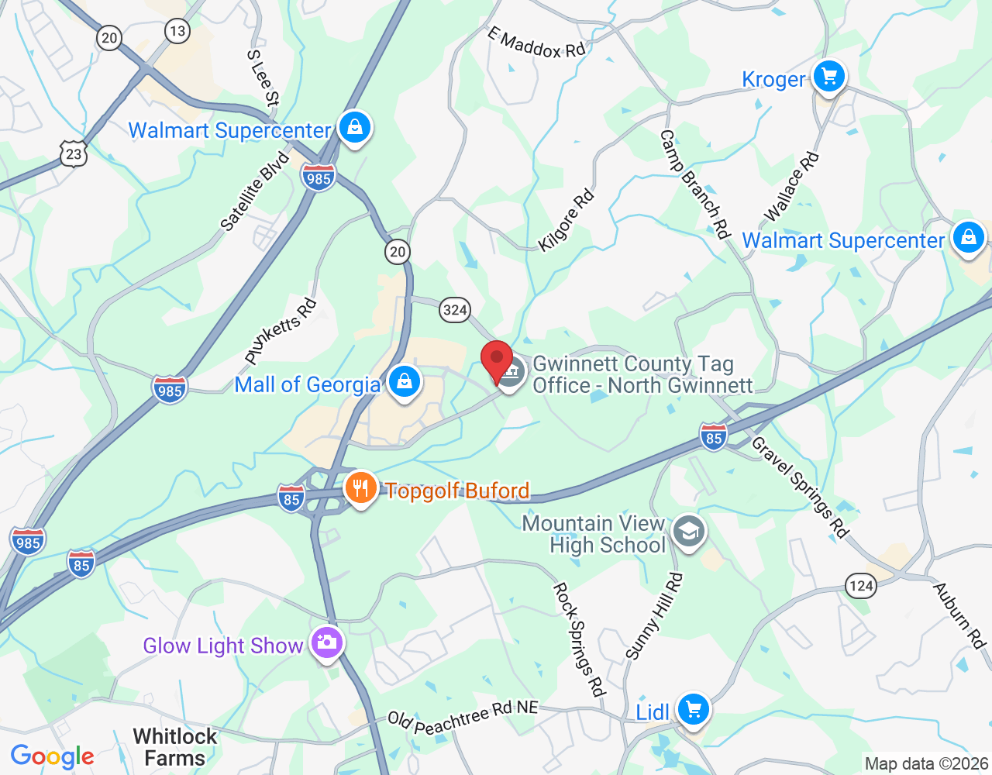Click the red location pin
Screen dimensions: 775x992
(497, 361)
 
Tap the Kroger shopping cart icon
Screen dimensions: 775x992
(829, 77)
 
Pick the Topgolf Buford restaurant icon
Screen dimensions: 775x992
(360, 489)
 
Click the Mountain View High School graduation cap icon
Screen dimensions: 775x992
(688, 532)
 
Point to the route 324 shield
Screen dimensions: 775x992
(455, 310)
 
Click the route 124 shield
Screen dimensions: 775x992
(861, 586)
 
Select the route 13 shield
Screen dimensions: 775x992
(177, 31)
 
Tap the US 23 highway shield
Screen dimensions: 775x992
(74, 153)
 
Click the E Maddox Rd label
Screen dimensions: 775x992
(536, 44)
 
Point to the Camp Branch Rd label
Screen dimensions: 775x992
(694, 184)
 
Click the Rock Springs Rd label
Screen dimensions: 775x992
(578, 639)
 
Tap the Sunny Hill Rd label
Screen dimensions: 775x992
(654, 616)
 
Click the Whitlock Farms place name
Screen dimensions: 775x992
(175, 747)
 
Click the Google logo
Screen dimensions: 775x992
(53, 756)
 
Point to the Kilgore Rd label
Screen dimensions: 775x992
(567, 220)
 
